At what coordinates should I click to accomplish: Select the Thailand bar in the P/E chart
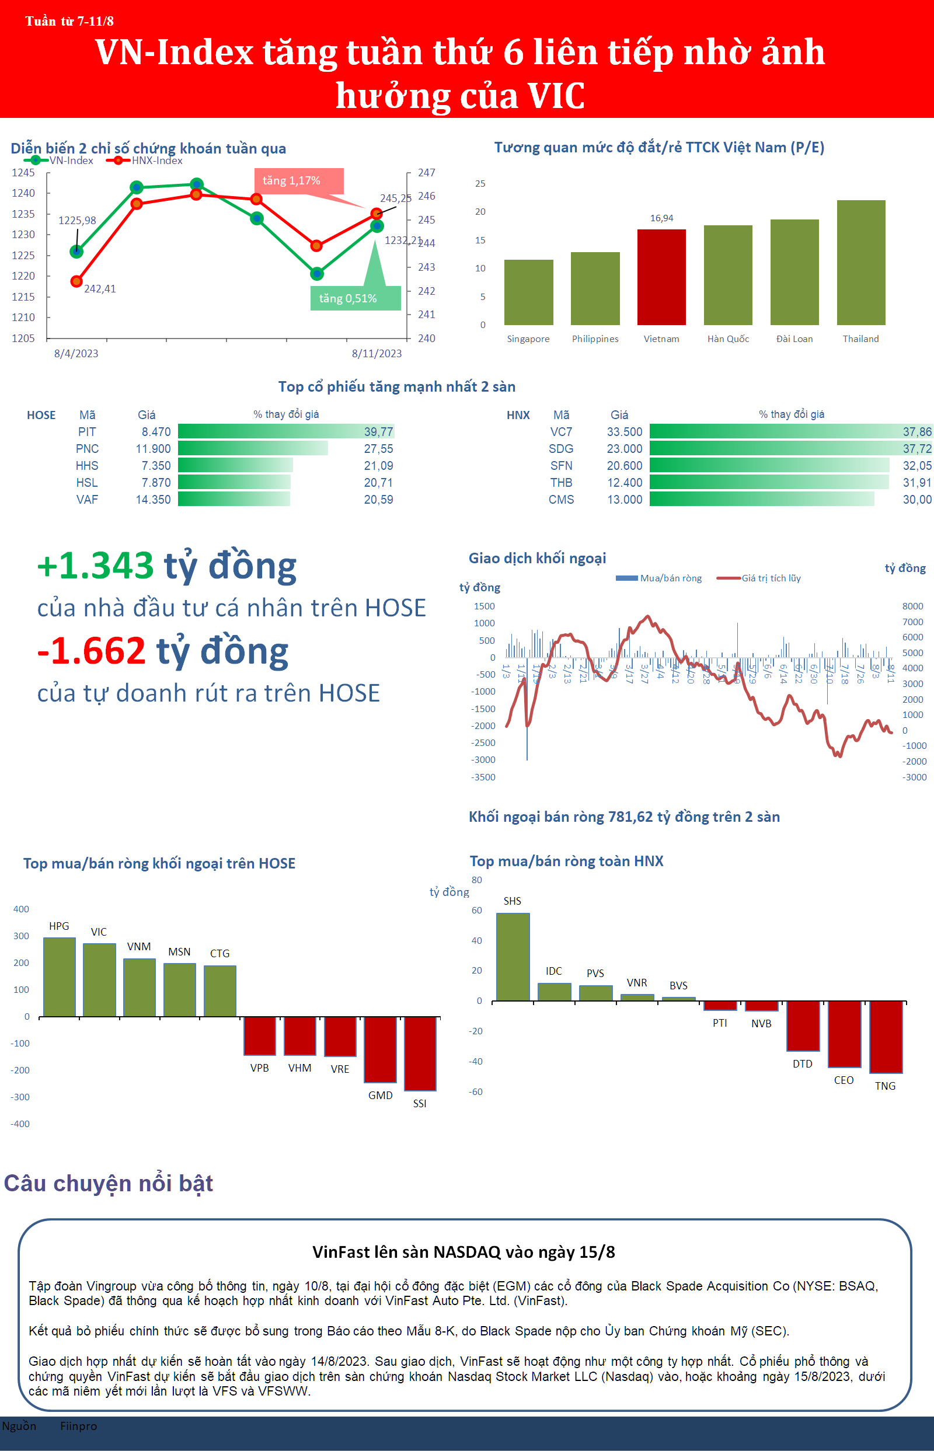(x=860, y=263)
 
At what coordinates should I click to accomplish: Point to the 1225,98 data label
(x=77, y=221)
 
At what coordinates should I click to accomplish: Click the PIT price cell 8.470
(x=156, y=432)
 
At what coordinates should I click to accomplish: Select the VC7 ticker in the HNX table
(x=561, y=432)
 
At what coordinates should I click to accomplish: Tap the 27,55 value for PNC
(x=378, y=449)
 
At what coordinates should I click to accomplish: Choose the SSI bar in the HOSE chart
(x=420, y=1054)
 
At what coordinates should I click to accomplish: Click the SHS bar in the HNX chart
(x=513, y=957)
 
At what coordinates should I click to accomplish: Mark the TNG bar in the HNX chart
(x=886, y=1037)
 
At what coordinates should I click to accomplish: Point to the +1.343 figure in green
(x=96, y=566)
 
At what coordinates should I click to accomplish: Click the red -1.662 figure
(x=92, y=651)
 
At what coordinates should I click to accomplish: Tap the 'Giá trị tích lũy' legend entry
(x=770, y=578)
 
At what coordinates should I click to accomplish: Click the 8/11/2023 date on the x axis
(x=377, y=354)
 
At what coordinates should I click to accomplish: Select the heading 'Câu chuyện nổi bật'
(x=109, y=1183)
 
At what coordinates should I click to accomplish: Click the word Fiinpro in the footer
(x=78, y=1426)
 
